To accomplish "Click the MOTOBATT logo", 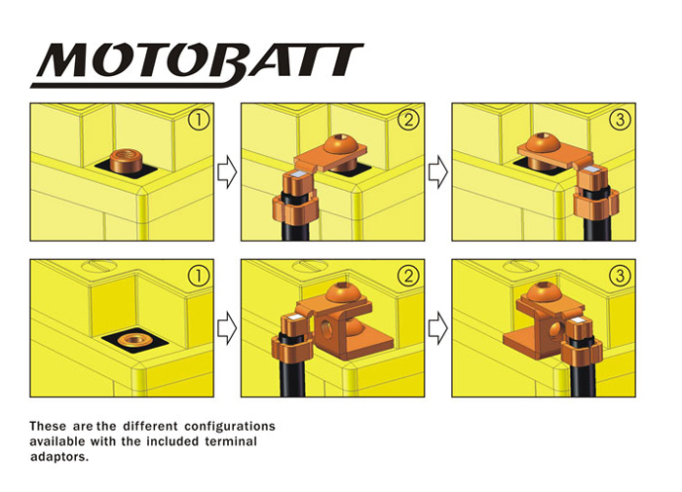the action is (x=197, y=65).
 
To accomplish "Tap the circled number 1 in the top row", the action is (x=199, y=120).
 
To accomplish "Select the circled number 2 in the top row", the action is (x=409, y=120).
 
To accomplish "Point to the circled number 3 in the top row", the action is (x=620, y=120).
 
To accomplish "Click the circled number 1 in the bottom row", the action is (x=199, y=276).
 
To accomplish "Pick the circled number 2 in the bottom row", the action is (x=409, y=276).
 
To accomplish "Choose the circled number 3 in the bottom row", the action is (x=620, y=276).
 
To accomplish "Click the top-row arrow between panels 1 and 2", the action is (x=227, y=172).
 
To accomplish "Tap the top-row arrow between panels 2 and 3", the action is (x=438, y=172).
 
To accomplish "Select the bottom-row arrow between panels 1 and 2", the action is (x=227, y=328).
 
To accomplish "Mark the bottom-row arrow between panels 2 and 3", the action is (x=438, y=328).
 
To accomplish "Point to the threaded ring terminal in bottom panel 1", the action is (x=134, y=339).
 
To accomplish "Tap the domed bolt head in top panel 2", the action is (x=340, y=144).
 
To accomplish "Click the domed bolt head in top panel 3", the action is (x=543, y=142).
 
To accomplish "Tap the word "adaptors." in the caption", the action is (x=59, y=457).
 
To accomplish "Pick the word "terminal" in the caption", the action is (x=231, y=441).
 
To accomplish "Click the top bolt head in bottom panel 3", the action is (x=543, y=292).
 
